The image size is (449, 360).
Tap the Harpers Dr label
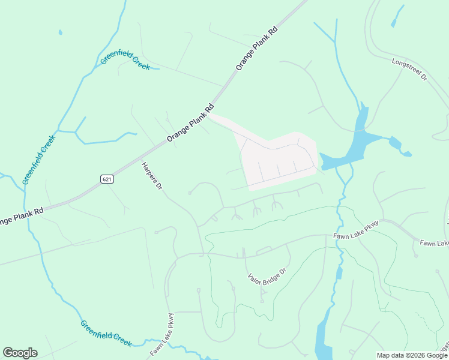coord(151,176)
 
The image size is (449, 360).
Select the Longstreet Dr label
coord(409,70)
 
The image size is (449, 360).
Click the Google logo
coord(20,353)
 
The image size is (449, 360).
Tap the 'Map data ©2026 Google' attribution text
coord(412,355)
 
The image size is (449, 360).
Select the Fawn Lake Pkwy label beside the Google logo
coord(162,334)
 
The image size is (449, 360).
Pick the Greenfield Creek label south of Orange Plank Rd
coord(106,333)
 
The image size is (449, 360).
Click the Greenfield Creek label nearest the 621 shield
coord(39,159)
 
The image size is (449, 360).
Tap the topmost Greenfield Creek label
coord(125,61)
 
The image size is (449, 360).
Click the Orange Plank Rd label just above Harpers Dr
coord(190,124)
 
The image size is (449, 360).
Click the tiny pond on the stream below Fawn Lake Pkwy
coord(339,274)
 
